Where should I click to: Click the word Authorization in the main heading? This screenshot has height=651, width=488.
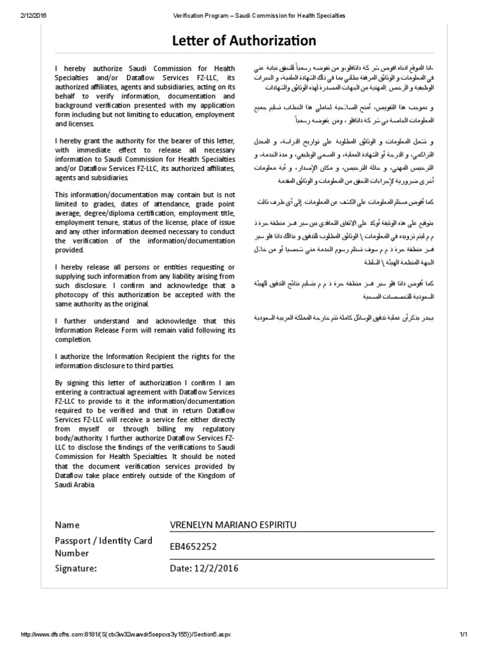pyautogui.click(x=276, y=41)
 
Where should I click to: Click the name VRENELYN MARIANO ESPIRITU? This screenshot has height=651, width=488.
pyautogui.click(x=233, y=524)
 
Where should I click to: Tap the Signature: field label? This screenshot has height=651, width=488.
pyautogui.click(x=76, y=568)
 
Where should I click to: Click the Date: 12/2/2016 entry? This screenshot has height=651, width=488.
pyautogui.click(x=203, y=568)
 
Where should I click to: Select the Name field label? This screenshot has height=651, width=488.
pyautogui.click(x=67, y=524)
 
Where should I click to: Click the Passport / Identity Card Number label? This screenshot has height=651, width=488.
pyautogui.click(x=104, y=545)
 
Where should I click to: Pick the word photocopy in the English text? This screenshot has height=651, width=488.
pyautogui.click(x=73, y=294)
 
